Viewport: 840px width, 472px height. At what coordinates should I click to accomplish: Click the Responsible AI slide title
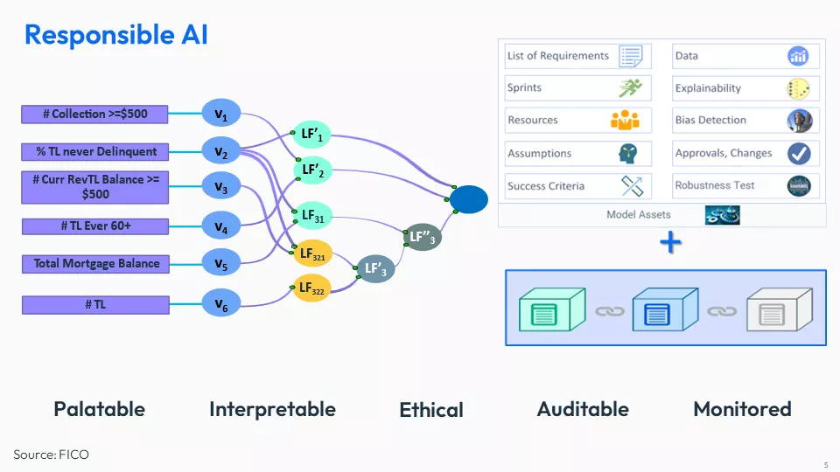click(x=115, y=35)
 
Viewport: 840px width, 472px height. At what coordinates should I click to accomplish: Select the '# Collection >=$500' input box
click(x=94, y=114)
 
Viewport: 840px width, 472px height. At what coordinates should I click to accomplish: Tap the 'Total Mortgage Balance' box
click(x=96, y=263)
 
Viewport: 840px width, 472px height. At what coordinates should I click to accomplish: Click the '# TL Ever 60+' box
click(x=94, y=226)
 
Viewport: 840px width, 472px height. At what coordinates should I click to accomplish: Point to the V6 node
click(x=221, y=304)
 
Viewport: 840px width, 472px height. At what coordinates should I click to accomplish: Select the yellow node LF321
click(x=312, y=254)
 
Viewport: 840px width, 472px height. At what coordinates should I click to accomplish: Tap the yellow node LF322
click(x=311, y=288)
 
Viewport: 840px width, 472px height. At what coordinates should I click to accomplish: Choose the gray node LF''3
click(x=422, y=236)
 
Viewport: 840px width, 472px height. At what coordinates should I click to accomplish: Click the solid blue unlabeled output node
click(x=469, y=200)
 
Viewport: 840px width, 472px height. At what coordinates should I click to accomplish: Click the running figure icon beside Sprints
click(x=630, y=88)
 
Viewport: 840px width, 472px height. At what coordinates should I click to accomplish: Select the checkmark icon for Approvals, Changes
click(x=798, y=154)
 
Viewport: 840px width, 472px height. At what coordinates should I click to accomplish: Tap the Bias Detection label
click(x=710, y=121)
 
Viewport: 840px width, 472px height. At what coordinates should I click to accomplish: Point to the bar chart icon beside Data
click(x=798, y=56)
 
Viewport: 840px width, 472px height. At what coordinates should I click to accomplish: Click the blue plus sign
click(x=670, y=243)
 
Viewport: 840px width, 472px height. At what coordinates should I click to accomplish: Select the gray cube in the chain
click(x=773, y=310)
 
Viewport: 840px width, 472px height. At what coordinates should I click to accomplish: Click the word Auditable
click(x=583, y=409)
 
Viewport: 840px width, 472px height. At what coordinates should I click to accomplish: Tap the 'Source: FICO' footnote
click(x=51, y=455)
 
